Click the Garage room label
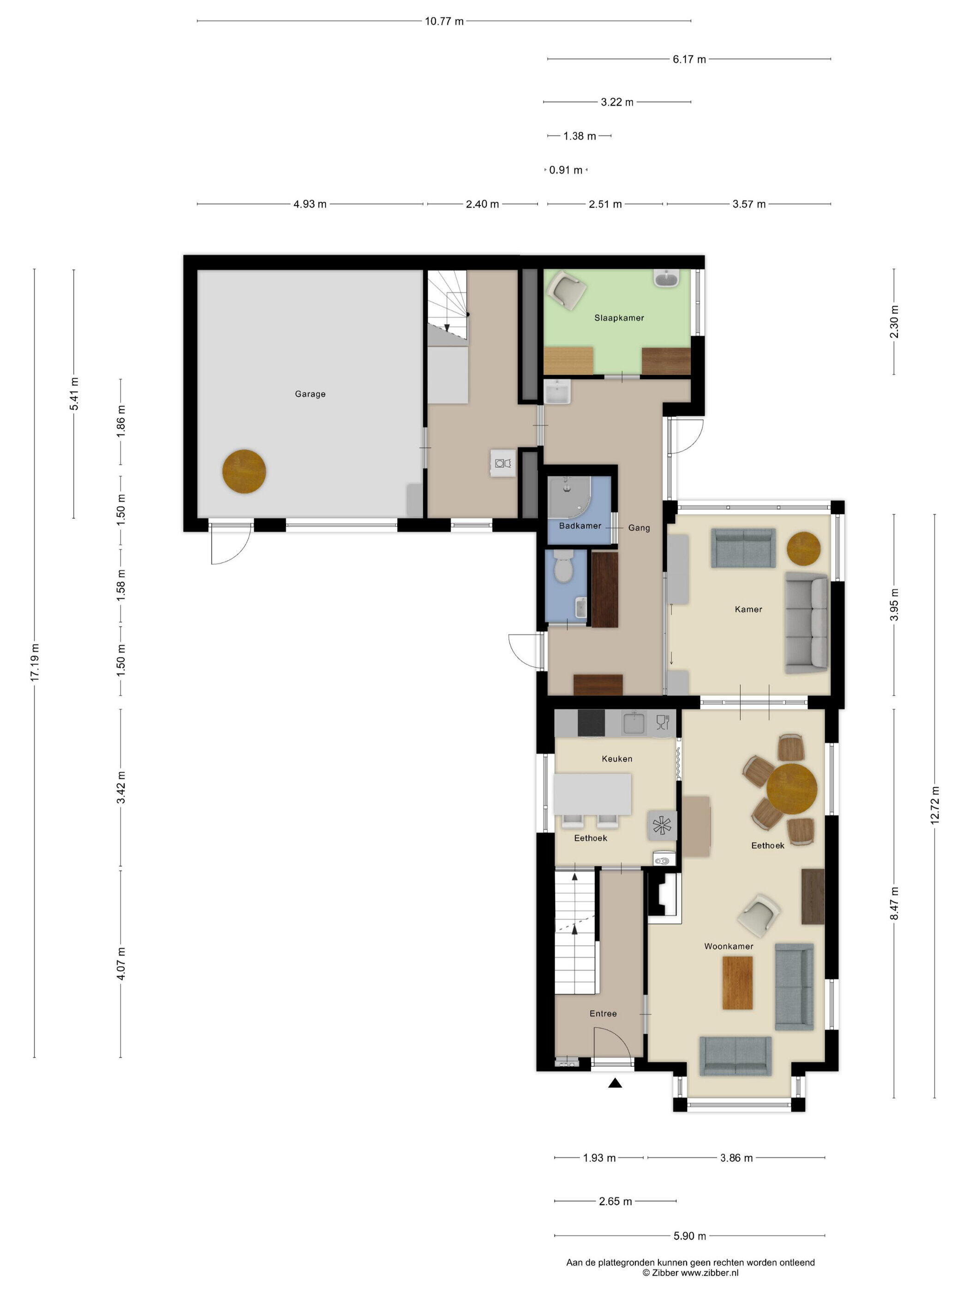[x=310, y=394]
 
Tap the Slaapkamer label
[x=619, y=318]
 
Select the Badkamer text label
[x=580, y=526]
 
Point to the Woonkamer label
[x=728, y=946]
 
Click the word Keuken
[x=617, y=759]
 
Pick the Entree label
[x=603, y=1014]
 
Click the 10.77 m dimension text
[x=444, y=22]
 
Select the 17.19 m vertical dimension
[x=35, y=662]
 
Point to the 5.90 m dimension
[x=689, y=1236]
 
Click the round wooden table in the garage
[x=244, y=471]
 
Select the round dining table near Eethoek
[x=791, y=789]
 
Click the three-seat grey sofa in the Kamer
[x=806, y=622]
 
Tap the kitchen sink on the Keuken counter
[x=634, y=723]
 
